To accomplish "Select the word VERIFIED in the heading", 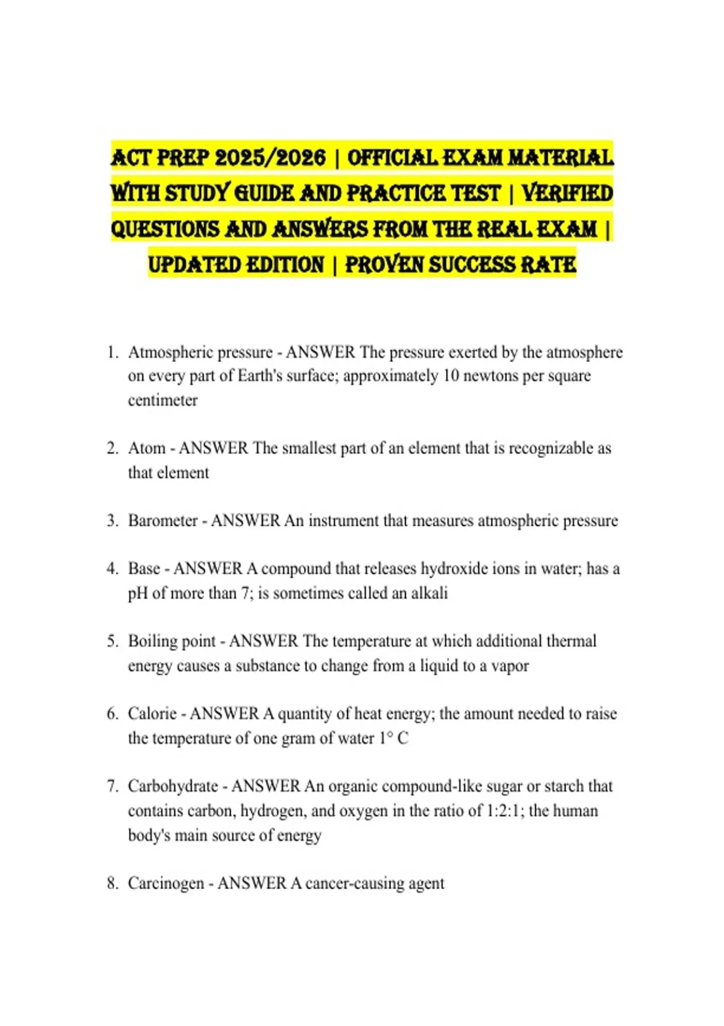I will pyautogui.click(x=567, y=194).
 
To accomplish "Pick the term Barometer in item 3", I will pyautogui.click(x=163, y=521).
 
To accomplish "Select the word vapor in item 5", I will pyautogui.click(x=510, y=666).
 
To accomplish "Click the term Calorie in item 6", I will pyautogui.click(x=152, y=714).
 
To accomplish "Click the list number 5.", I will pyautogui.click(x=112, y=642).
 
